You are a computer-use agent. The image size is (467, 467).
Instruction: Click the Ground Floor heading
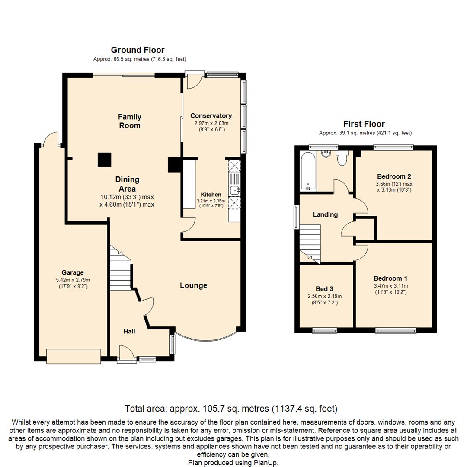[138, 50]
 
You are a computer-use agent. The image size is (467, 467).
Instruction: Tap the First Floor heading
[364, 124]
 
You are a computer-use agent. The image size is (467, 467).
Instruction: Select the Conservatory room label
[211, 115]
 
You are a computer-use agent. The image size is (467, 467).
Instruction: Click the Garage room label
[73, 272]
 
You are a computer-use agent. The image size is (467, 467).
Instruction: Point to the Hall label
[129, 331]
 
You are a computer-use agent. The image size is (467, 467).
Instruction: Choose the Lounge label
[194, 285]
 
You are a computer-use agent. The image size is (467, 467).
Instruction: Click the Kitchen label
[211, 195]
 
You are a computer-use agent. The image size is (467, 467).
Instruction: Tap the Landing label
[325, 214]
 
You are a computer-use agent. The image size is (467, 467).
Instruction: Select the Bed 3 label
[324, 288]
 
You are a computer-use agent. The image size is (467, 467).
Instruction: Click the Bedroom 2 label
[394, 176]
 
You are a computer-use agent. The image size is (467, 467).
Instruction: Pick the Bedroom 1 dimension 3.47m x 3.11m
[391, 286]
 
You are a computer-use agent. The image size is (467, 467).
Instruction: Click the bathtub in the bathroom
[308, 171]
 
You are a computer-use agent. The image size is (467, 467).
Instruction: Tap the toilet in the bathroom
[342, 158]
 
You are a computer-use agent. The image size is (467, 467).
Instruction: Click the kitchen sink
[235, 190]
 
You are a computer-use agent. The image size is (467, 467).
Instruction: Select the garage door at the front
[74, 356]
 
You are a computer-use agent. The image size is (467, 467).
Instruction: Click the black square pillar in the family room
[105, 160]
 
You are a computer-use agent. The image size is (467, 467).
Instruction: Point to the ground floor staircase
[120, 268]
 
